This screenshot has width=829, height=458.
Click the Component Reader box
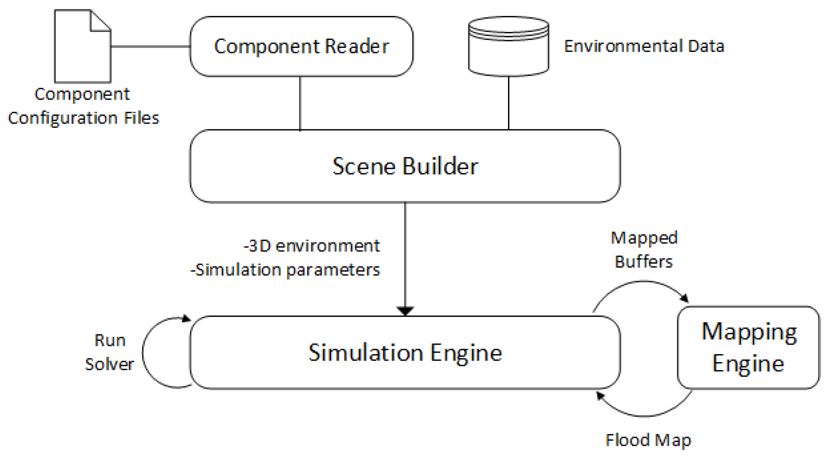coord(301,46)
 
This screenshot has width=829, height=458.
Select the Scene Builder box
coord(405,166)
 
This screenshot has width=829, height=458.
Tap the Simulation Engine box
coord(405,353)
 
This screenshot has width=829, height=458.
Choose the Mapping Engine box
coord(748,347)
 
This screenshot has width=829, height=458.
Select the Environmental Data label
coord(644,46)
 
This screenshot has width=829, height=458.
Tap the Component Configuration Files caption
coord(83,106)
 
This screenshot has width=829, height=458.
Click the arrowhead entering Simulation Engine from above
coord(405,311)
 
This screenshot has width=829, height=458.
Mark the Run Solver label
coord(109,352)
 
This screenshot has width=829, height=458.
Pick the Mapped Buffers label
coord(644,250)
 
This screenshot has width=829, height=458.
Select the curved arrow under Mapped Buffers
coord(642,282)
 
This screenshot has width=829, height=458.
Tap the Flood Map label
coord(648,440)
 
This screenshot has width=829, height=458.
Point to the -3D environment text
coord(311,246)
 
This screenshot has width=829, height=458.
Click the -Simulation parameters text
coord(285,270)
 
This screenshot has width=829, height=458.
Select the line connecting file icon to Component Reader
coord(150,47)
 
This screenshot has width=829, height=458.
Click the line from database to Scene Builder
coord(509,103)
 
